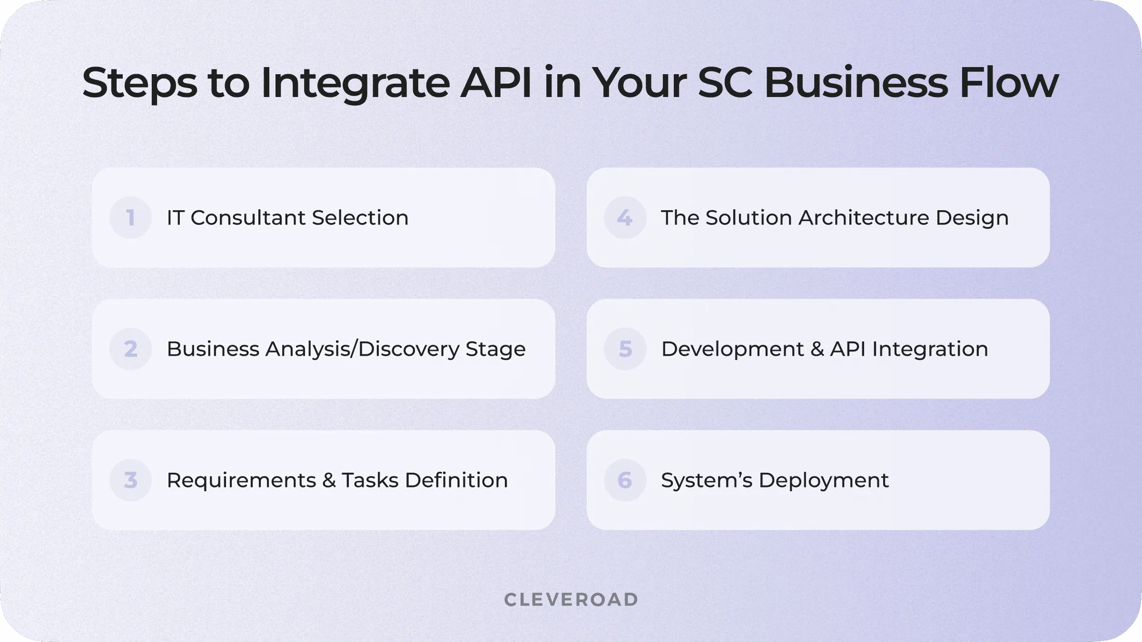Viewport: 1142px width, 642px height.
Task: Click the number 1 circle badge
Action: (130, 217)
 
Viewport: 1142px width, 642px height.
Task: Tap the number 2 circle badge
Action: (130, 349)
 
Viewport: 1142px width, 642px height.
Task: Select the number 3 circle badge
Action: (130, 480)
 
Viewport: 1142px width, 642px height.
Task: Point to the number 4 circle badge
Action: (625, 217)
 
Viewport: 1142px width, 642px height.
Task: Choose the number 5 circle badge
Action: (625, 349)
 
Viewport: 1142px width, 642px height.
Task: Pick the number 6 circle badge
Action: (625, 480)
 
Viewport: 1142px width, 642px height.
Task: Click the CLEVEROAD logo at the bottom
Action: (571, 600)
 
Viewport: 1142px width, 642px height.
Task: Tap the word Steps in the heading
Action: (139, 84)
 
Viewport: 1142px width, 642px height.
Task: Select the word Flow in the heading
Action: (1009, 83)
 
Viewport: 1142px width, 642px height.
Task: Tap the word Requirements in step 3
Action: (241, 480)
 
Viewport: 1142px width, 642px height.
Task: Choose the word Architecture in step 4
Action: (864, 218)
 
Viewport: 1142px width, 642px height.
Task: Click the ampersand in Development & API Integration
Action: (817, 349)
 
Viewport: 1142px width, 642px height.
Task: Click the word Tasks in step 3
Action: (370, 480)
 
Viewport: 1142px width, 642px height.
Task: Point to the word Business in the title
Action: (856, 83)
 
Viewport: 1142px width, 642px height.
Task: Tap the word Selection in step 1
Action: (360, 218)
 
